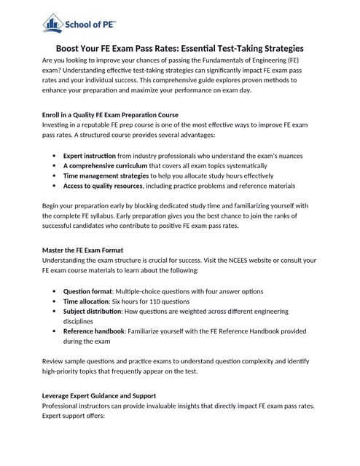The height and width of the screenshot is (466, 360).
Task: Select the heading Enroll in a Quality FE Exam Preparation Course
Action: click(110, 115)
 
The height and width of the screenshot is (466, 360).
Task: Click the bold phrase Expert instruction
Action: click(90, 156)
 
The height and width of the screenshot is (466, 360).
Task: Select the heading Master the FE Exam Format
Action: click(87, 250)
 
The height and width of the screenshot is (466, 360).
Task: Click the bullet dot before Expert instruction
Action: click(55, 156)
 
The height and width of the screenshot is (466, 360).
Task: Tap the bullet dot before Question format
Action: click(55, 291)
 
